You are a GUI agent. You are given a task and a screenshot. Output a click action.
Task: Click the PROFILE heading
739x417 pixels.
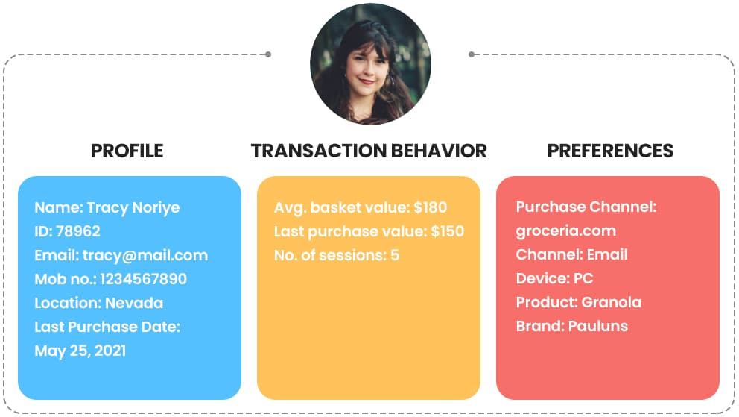tap(127, 151)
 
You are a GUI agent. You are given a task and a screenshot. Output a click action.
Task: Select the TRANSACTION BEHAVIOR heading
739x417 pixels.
tap(369, 151)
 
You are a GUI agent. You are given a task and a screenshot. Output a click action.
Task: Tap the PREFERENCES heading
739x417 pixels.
tap(610, 151)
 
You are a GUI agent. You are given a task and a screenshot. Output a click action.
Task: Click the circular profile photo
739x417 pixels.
tap(370, 63)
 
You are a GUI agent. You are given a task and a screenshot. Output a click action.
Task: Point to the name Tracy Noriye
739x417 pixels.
tap(133, 207)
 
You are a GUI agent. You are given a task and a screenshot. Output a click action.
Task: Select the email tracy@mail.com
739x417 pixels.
tap(145, 255)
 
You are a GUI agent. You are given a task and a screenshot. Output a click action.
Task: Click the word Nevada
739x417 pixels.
tap(134, 303)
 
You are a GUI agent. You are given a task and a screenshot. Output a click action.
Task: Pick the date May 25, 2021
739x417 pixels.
tap(80, 351)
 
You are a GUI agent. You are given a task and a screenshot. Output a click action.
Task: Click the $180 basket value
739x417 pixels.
tap(431, 207)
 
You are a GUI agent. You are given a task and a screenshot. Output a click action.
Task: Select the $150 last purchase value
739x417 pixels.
tap(448, 231)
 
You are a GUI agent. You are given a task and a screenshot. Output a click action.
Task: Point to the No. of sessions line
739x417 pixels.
tap(337, 255)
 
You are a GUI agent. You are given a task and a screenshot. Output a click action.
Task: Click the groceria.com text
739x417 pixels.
tap(566, 231)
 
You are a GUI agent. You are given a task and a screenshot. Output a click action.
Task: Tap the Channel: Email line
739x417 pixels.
tap(572, 254)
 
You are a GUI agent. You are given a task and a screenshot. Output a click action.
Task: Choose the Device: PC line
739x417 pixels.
tap(555, 278)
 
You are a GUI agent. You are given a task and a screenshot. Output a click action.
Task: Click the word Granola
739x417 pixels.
tap(612, 302)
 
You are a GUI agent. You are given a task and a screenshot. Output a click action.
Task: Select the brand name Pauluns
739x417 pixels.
tap(598, 326)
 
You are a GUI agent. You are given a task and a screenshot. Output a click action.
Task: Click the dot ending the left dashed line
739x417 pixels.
tap(268, 54)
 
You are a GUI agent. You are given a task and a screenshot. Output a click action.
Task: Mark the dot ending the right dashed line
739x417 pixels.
tap(472, 54)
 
